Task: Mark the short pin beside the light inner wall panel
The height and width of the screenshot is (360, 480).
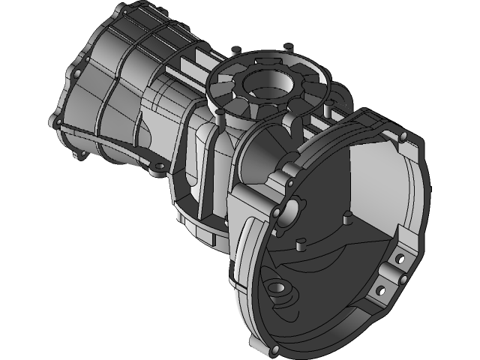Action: click(x=347, y=217)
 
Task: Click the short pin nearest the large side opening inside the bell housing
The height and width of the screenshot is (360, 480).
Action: click(x=300, y=244)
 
